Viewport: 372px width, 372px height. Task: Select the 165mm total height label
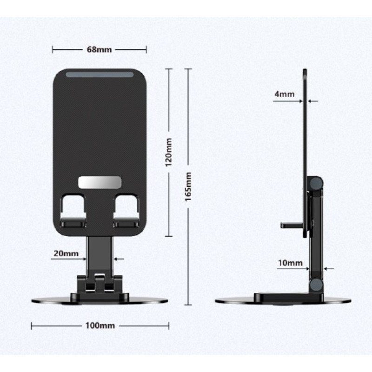pos(188,186)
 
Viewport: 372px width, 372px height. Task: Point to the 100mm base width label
pos(100,325)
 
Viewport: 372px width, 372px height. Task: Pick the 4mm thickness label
pos(284,94)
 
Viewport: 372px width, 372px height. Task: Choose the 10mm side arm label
pos(290,263)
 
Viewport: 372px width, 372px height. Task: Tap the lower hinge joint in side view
pos(317,285)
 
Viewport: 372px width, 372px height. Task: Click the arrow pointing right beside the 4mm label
pos(299,100)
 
